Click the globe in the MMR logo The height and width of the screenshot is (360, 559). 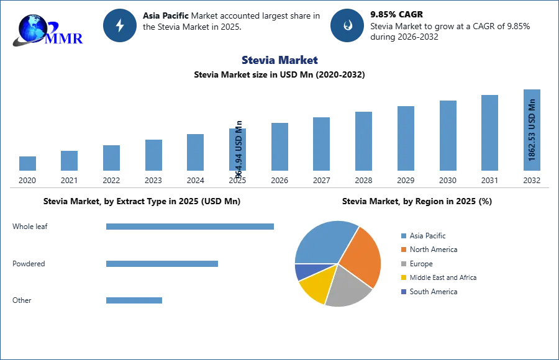[x=33, y=27]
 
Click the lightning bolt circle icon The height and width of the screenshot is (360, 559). [x=120, y=25]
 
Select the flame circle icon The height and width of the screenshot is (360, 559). [x=347, y=25]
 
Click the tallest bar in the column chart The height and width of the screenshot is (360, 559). [x=531, y=132]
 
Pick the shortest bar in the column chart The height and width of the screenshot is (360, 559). [x=27, y=164]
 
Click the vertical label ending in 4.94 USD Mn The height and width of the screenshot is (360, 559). [x=239, y=149]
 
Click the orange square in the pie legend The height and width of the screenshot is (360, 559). [x=403, y=250]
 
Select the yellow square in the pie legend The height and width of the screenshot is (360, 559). [x=403, y=278]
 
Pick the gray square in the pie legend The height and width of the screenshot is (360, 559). [x=403, y=264]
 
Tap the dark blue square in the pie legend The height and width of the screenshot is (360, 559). [x=403, y=292]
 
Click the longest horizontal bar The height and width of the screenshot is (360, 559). [x=191, y=228]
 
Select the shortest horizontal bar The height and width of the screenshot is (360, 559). [x=134, y=300]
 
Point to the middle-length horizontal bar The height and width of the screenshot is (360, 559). [x=161, y=263]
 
